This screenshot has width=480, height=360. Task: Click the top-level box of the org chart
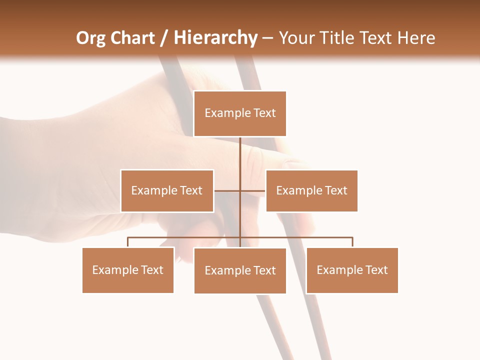[240, 113]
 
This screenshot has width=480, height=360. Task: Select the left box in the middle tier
[167, 190]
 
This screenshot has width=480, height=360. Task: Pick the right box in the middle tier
[311, 190]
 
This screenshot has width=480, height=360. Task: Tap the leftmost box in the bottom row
[128, 270]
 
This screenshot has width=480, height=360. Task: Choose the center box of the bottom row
[240, 270]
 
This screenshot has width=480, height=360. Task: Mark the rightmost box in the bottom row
[352, 270]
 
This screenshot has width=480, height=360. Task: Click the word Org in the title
[90, 38]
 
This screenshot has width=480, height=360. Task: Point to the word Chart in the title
[132, 38]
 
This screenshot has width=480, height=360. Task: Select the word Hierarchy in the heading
[215, 38]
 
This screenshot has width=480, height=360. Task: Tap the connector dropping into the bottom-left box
[128, 242]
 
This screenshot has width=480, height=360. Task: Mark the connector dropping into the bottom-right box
[352, 242]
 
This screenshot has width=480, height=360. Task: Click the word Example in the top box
[227, 113]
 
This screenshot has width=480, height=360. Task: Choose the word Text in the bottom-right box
[376, 270]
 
